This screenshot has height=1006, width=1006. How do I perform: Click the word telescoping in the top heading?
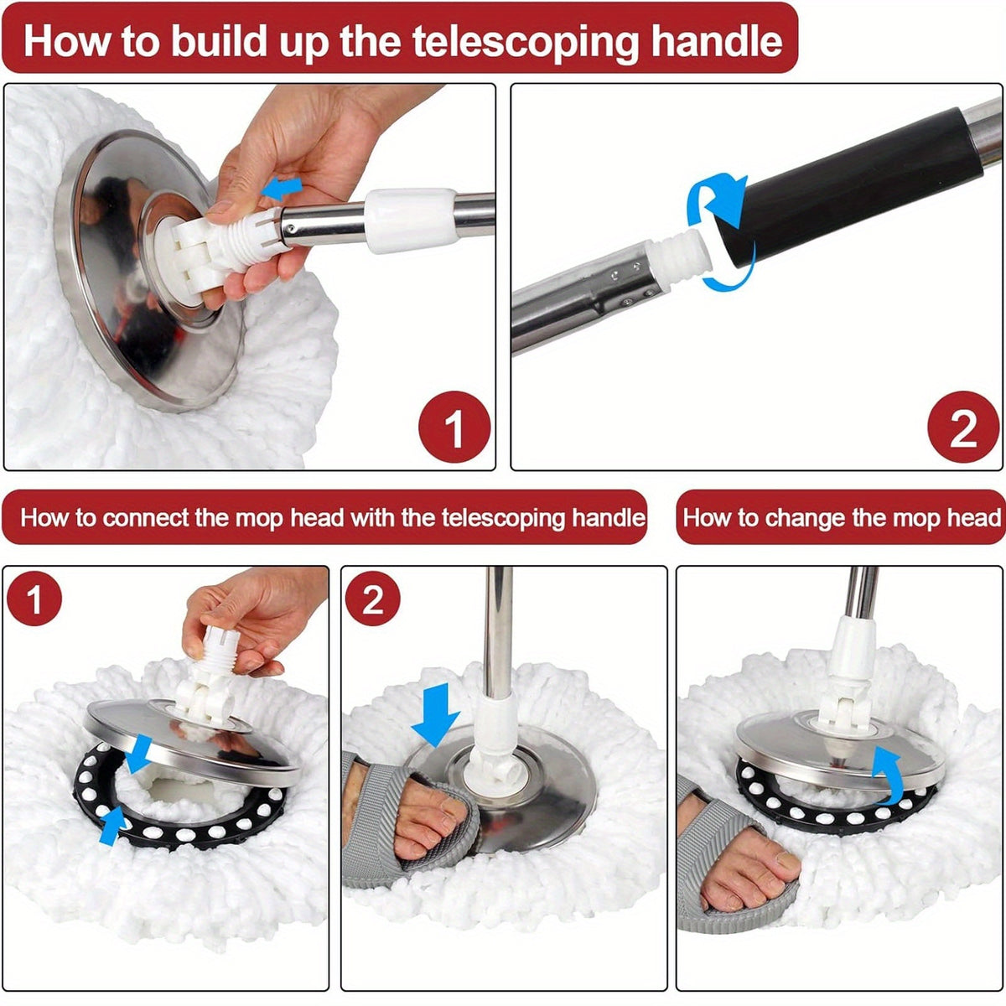pyautogui.click(x=525, y=40)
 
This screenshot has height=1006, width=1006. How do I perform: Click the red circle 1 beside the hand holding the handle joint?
pyautogui.click(x=454, y=427)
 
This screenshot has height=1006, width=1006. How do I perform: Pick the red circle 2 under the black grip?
pyautogui.click(x=962, y=427)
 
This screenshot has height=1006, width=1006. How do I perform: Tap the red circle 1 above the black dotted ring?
pyautogui.click(x=34, y=600)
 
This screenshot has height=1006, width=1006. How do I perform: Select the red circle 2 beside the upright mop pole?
pyautogui.click(x=372, y=600)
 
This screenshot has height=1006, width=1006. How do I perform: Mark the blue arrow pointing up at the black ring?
pyautogui.click(x=111, y=825)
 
